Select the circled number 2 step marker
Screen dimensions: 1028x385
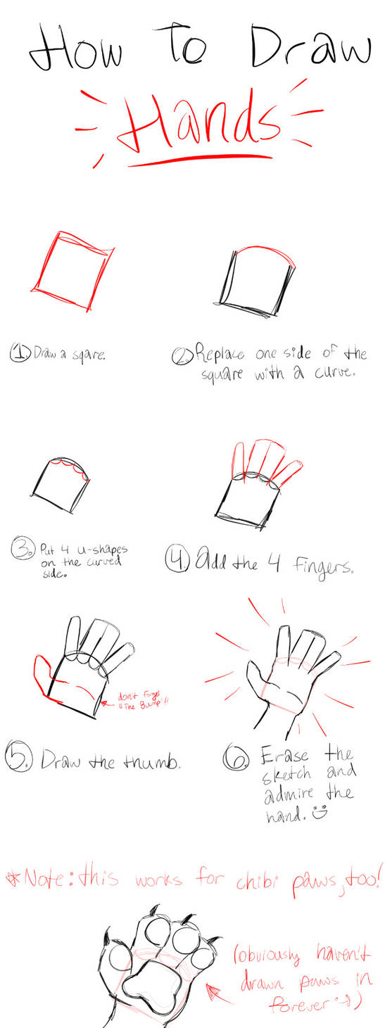click(x=181, y=357)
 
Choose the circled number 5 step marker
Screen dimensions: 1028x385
click(x=17, y=758)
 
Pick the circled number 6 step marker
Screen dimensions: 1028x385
click(x=234, y=759)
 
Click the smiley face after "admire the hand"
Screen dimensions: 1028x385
click(x=321, y=813)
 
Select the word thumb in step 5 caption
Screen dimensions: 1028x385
click(x=152, y=761)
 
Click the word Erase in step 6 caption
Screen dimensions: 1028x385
click(x=284, y=755)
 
